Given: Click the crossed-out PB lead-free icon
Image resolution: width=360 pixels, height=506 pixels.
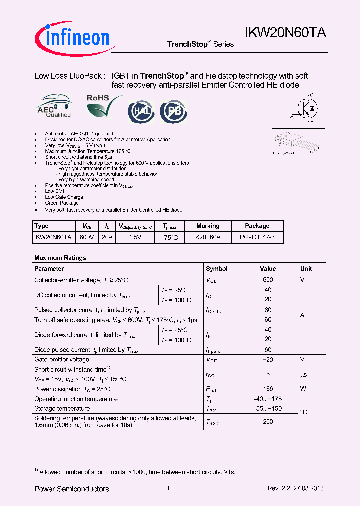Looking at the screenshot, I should (173, 111).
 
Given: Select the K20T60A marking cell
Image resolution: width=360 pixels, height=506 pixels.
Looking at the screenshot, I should (208, 238).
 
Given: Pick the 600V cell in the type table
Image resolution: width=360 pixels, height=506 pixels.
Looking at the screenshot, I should (87, 238).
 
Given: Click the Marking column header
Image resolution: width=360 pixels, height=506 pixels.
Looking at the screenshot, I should (208, 226).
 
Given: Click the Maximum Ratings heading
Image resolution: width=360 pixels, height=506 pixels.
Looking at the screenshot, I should (60, 258).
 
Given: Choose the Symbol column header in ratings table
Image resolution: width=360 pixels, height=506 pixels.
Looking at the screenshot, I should (217, 269).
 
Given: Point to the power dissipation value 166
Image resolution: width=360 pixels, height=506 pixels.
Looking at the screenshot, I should (268, 389).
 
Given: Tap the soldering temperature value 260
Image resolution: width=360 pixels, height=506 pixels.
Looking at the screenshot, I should (268, 422).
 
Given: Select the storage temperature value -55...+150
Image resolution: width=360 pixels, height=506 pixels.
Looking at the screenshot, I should (268, 409).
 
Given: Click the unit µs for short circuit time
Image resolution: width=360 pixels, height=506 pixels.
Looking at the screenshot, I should (303, 374).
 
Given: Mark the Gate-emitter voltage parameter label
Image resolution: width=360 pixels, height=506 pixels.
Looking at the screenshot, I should (62, 359).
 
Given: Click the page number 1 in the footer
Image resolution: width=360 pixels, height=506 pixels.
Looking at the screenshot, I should (168, 488).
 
